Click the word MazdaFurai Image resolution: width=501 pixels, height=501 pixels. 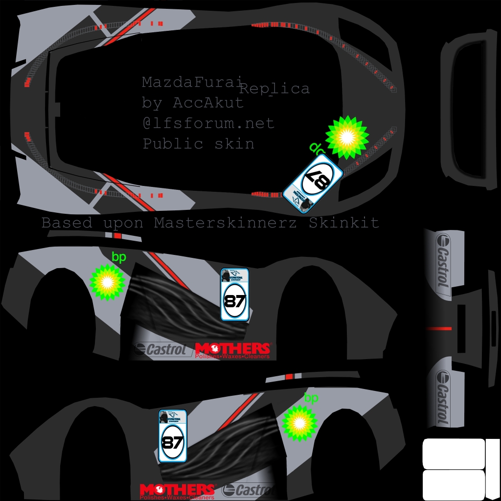pos(192,82)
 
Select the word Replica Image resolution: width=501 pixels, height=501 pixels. pos(274,89)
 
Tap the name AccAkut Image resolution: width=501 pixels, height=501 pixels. pos(208,103)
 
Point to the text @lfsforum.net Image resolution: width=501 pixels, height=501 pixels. pos(208,123)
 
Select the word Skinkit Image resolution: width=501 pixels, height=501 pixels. pos(344,223)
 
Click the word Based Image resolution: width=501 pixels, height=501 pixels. pos(67,223)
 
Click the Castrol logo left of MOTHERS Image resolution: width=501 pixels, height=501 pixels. pos(161,350)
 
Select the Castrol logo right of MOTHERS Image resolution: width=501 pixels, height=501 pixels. pos(247,490)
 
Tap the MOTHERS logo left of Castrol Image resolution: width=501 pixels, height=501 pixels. pos(177,491)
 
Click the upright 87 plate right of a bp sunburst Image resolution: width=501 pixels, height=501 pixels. pos(235,295)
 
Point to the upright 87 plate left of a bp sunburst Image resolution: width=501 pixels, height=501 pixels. pos(172,436)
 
